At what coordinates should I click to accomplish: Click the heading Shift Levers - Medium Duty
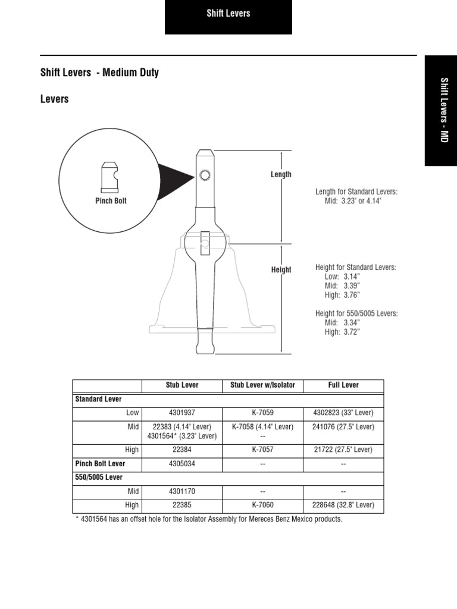pyautogui.click(x=99, y=73)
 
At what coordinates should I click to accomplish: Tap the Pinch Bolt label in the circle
pyautogui.click(x=111, y=201)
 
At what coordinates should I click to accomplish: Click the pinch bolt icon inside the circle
pyautogui.click(x=109, y=177)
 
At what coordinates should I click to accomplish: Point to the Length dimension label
pyautogui.click(x=281, y=174)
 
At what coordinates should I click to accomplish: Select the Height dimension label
pyautogui.click(x=281, y=269)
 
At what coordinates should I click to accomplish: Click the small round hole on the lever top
pyautogui.click(x=205, y=175)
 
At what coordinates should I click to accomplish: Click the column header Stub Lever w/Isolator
pyautogui.click(x=262, y=385)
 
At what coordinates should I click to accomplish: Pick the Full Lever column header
pyautogui.click(x=343, y=385)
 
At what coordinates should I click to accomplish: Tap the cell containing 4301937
pyautogui.click(x=182, y=413)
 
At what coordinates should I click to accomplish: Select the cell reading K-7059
pyautogui.click(x=262, y=413)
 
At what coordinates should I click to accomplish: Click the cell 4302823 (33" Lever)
pyautogui.click(x=343, y=413)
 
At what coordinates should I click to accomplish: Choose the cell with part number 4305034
pyautogui.click(x=182, y=464)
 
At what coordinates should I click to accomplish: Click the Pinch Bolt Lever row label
pyautogui.click(x=100, y=464)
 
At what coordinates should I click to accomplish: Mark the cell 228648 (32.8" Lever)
pyautogui.click(x=343, y=505)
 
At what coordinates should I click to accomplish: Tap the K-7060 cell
pyautogui.click(x=262, y=505)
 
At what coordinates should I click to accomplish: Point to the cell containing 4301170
pyautogui.click(x=182, y=492)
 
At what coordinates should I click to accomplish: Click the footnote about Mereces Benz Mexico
pyautogui.click(x=208, y=519)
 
